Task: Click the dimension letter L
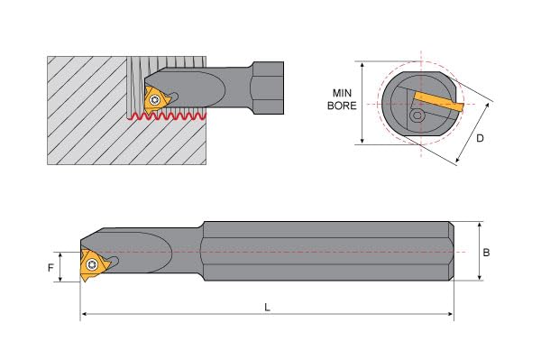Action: coord(267,307)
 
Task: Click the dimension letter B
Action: coord(486,253)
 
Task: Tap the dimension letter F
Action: coord(50,267)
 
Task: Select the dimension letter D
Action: coord(480,138)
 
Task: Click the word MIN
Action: coord(342,93)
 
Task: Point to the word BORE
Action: coord(342,106)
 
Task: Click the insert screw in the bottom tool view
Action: coord(91,264)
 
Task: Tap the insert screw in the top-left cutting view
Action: coord(154,100)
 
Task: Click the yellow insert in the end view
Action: coord(437,101)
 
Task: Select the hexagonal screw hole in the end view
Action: coord(417,115)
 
